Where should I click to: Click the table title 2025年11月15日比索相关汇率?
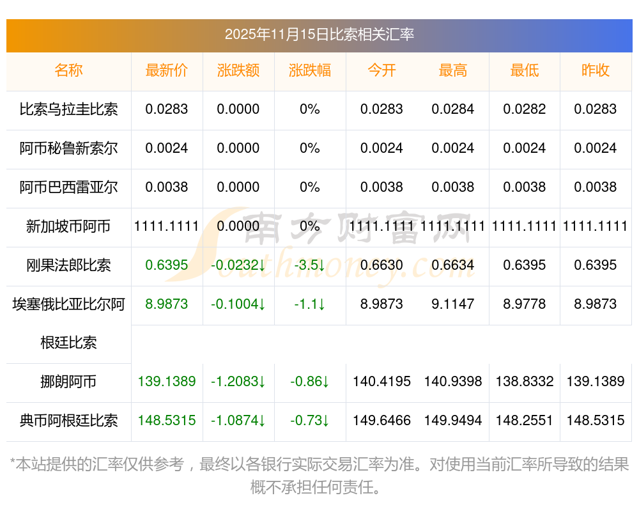(x=319, y=35)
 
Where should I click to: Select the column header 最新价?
(x=167, y=70)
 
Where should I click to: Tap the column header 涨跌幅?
(x=310, y=70)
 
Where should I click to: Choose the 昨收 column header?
(x=596, y=70)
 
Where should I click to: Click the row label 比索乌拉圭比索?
(x=68, y=109)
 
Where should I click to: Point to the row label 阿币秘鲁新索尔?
(x=68, y=148)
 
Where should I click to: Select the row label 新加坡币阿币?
(x=68, y=226)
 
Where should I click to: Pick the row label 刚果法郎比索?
(x=68, y=265)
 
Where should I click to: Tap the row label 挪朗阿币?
(x=68, y=382)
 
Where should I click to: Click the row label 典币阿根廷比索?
(x=68, y=421)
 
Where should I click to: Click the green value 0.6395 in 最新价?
(x=167, y=265)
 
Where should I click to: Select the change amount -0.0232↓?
(x=238, y=265)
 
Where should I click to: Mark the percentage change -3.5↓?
(x=310, y=265)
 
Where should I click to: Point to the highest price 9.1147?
(x=453, y=304)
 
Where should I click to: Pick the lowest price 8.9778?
(x=525, y=304)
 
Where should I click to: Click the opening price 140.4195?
(x=381, y=382)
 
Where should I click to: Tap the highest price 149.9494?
(x=453, y=421)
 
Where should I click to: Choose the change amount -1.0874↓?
(x=238, y=421)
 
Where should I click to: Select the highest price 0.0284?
(x=453, y=109)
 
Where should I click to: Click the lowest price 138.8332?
(x=525, y=382)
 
